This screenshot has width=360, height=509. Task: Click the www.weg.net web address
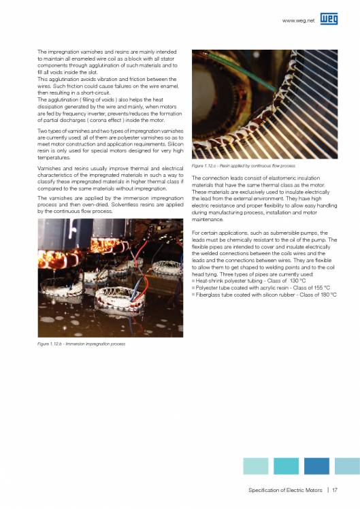[300, 22]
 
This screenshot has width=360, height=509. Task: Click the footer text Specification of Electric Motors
[285, 488]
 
